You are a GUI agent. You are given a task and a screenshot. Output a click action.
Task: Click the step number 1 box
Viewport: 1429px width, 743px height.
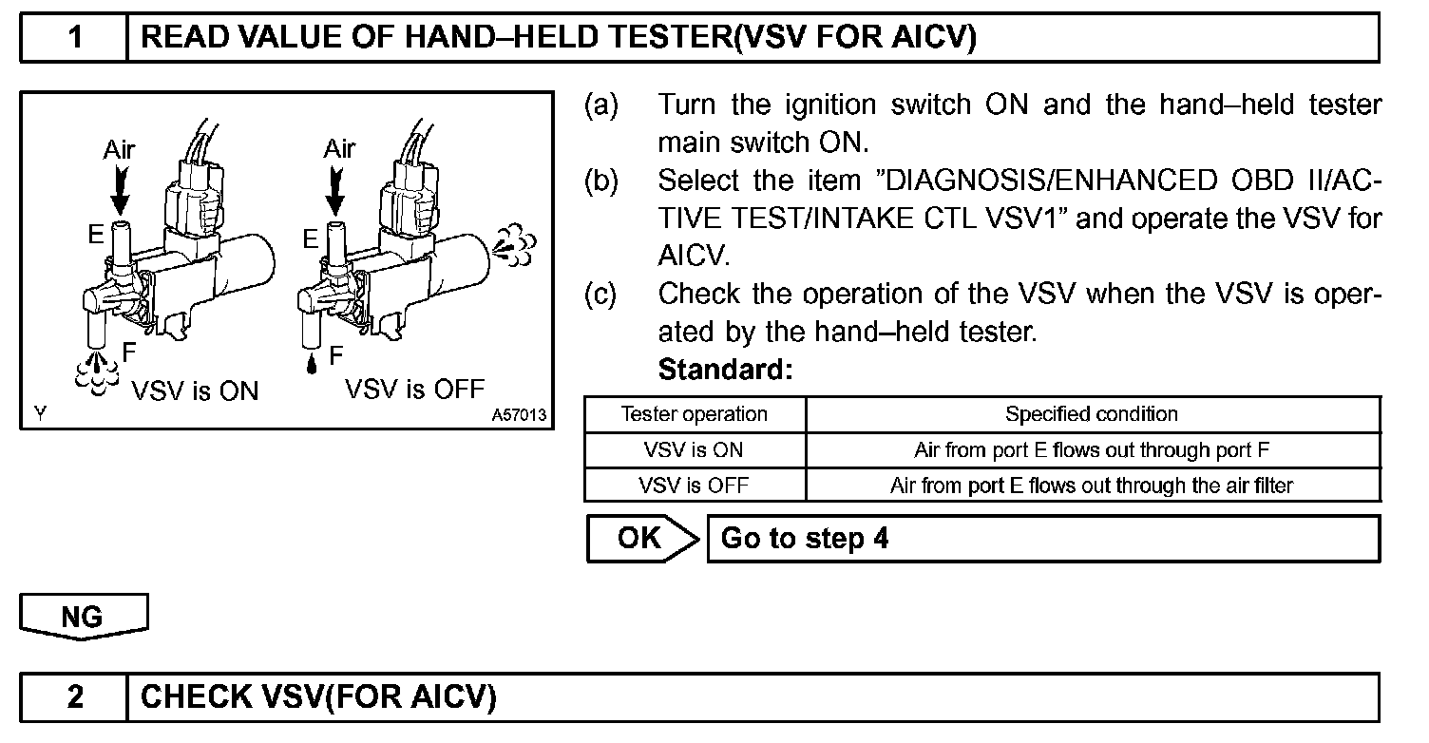[74, 38]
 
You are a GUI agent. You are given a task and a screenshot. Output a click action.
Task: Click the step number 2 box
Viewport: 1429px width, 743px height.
[74, 697]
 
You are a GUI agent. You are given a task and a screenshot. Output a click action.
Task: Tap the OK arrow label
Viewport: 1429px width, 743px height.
[642, 539]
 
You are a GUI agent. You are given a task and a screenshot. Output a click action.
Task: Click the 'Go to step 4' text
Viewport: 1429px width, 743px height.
[805, 539]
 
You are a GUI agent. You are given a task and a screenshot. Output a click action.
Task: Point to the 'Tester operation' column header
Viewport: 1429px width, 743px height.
[694, 414]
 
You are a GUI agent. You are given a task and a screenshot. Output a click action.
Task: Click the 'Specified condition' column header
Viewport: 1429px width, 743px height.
[1092, 414]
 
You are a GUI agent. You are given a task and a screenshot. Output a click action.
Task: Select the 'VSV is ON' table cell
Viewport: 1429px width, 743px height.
[694, 449]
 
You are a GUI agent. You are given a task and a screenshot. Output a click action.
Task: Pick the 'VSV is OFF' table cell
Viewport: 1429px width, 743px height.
[694, 486]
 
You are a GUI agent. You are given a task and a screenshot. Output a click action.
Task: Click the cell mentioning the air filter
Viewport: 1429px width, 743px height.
[1092, 486]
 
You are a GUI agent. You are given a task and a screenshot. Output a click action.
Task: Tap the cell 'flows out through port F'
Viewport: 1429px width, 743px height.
[1092, 449]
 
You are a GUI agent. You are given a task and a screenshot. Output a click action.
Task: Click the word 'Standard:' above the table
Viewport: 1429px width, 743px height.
[725, 369]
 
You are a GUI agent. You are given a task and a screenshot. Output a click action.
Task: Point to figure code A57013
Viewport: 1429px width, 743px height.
[520, 415]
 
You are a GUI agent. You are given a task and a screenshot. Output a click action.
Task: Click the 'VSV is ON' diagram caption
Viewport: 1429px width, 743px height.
[195, 391]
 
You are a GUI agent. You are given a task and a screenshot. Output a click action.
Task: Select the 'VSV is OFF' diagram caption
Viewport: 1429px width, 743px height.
[415, 389]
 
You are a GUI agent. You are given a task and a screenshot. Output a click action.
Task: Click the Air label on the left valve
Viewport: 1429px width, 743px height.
[120, 149]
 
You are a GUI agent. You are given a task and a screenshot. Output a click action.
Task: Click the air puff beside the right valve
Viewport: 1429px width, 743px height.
[514, 245]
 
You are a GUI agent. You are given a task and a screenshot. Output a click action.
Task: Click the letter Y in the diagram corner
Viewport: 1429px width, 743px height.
[38, 414]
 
